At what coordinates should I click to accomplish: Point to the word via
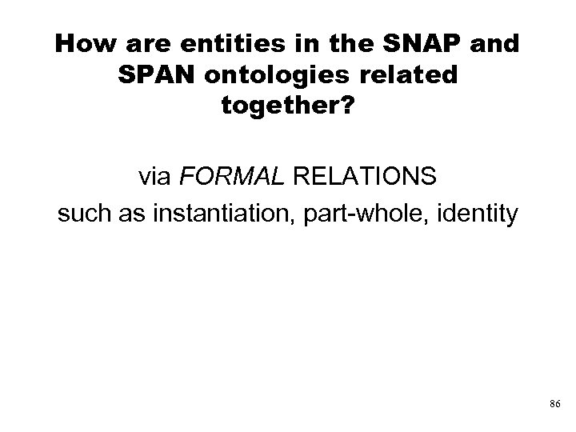click(x=157, y=177)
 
